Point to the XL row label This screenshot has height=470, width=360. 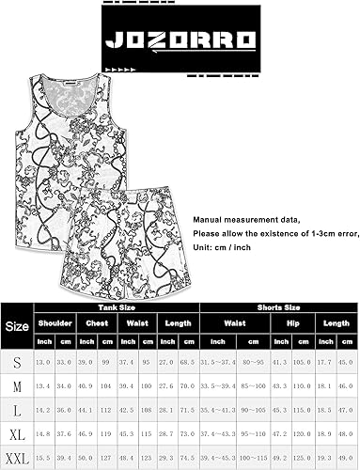pyautogui.click(x=16, y=431)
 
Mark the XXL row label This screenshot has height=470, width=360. pyautogui.click(x=16, y=455)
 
